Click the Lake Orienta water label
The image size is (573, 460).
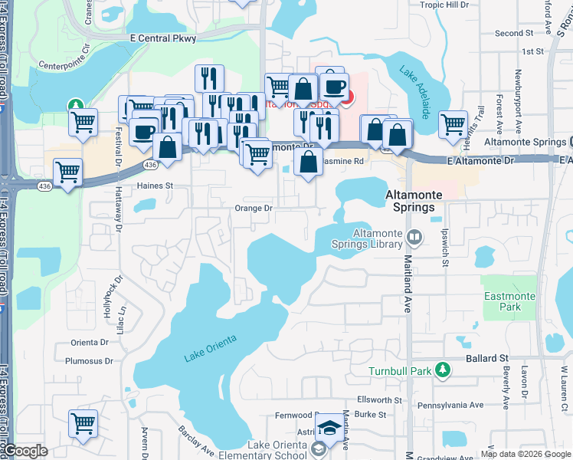click(211, 348)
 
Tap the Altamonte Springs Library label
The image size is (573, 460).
click(378, 239)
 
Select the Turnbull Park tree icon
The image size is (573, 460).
click(442, 371)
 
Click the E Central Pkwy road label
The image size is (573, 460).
click(163, 38)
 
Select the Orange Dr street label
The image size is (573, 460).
click(254, 208)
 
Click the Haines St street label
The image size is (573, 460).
click(156, 186)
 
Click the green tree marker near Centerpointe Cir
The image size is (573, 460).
click(75, 104)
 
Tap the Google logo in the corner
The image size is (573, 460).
click(26, 451)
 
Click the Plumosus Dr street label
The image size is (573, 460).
click(89, 360)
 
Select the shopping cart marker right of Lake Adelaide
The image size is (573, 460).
click(453, 123)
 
